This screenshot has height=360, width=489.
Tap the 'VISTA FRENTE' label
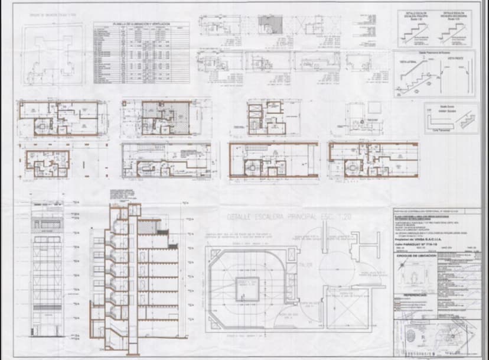click(x=454, y=60)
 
